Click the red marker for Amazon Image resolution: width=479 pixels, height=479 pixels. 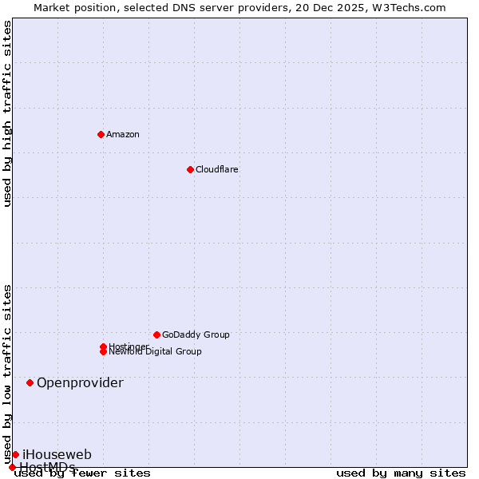coord(101,134)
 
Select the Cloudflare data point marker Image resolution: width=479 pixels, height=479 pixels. coord(190,169)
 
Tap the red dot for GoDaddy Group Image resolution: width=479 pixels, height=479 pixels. coord(156,335)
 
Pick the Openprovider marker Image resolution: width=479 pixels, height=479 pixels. coord(30,382)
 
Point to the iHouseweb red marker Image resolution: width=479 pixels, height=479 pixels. coord(15,454)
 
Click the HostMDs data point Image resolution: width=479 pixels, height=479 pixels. coord(12,467)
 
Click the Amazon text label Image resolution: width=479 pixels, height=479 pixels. coord(123,134)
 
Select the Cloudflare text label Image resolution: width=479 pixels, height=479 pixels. coord(217,169)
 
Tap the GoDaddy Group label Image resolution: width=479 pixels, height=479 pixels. coord(196,335)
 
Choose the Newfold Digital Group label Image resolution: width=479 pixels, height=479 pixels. coord(156,351)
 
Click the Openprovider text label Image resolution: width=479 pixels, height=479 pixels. coord(80,382)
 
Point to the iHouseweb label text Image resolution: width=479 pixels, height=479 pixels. coord(57,454)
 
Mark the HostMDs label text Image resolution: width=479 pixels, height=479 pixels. coord(47,467)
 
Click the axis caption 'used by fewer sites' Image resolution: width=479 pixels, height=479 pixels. coord(83,473)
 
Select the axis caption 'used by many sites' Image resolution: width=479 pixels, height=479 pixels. coord(401,473)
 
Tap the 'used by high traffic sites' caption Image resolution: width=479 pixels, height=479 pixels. coord(8,113)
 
